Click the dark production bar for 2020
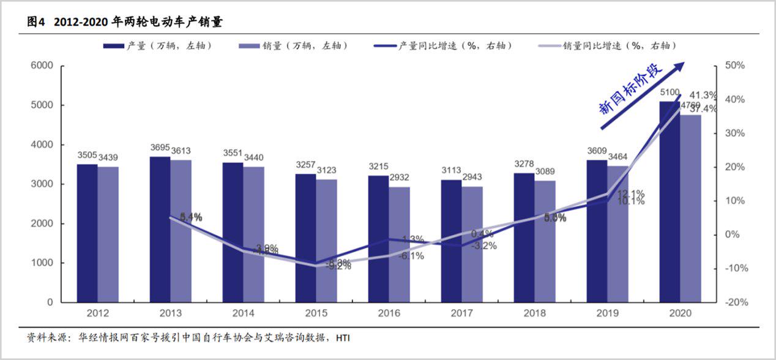[x=669, y=202]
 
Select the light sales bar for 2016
[x=399, y=244]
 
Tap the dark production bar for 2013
[x=160, y=230]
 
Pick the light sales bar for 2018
[x=545, y=241]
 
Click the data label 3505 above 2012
[x=87, y=156]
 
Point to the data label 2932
[x=398, y=178]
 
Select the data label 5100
[x=670, y=92]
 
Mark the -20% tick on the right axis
[x=734, y=302]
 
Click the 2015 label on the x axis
[x=316, y=313]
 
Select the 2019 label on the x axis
[x=607, y=313]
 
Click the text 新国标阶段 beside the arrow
[x=630, y=89]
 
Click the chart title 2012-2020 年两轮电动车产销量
[x=138, y=23]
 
